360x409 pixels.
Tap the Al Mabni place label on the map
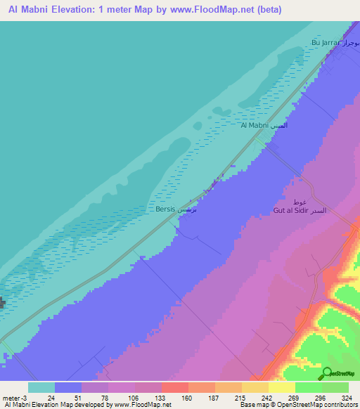[x=263, y=125]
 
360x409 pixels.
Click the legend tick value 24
[x=51, y=397]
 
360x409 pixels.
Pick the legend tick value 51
[x=78, y=397]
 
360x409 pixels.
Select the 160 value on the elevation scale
[x=186, y=397]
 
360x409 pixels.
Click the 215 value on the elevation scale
[x=239, y=397]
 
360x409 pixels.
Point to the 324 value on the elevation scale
[x=345, y=397]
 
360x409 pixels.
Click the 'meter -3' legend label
[x=15, y=397]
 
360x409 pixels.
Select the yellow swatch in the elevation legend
[x=281, y=387]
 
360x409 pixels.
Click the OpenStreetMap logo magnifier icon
[x=327, y=373]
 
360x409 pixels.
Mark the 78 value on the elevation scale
[x=105, y=397]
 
